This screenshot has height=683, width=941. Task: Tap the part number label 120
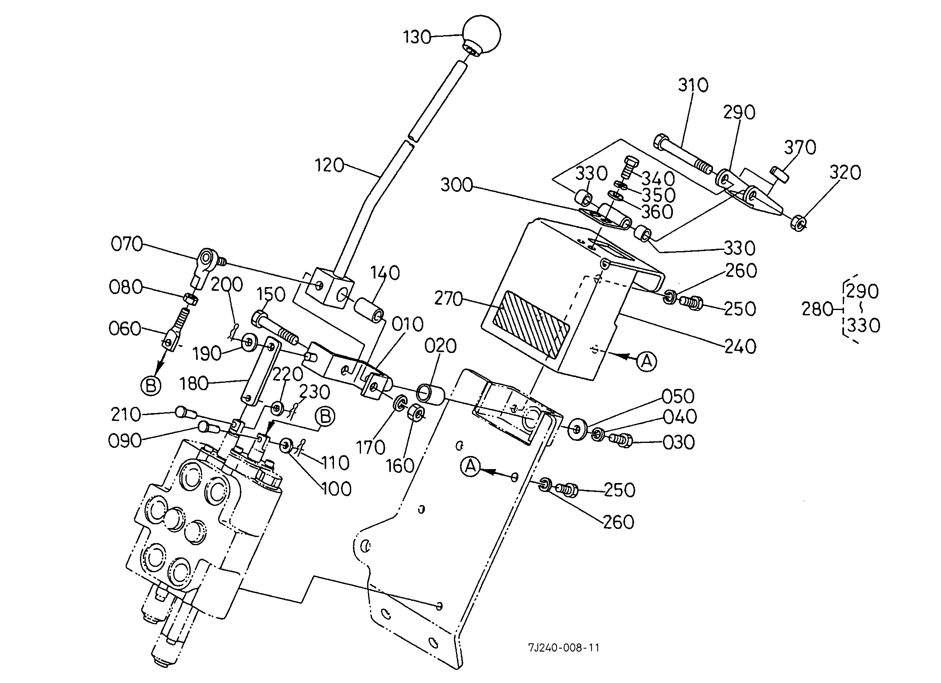tap(329, 166)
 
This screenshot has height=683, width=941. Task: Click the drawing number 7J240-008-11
tap(564, 648)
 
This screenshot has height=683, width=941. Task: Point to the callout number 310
tap(693, 85)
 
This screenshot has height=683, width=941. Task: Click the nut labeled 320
tap(799, 223)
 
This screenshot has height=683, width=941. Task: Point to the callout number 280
tap(817, 309)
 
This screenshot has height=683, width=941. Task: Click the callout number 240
tap(740, 347)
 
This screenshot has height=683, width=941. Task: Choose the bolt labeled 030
tap(621, 440)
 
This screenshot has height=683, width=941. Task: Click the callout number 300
tap(456, 185)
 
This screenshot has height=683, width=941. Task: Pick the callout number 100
tap(336, 489)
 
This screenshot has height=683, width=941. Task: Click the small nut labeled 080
tap(190, 298)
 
